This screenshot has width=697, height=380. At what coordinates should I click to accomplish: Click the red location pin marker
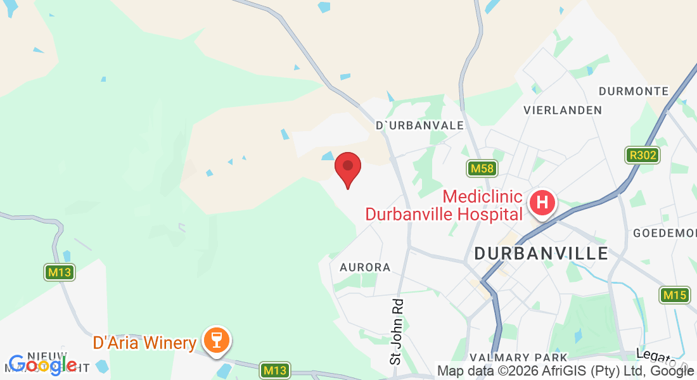coord(348,168)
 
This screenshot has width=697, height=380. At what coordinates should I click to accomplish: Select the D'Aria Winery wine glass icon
coord(216,340)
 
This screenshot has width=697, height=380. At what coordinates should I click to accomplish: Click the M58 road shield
coord(483,168)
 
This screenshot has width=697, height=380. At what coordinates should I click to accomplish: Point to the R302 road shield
coord(642,155)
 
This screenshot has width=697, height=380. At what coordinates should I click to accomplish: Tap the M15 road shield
coord(674,295)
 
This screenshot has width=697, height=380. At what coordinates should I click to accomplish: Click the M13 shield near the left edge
coord(60,273)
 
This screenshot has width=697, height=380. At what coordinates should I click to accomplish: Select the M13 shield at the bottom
coord(276,370)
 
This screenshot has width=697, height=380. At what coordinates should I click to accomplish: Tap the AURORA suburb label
coord(365,267)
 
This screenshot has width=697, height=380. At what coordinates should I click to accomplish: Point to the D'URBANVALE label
coord(420,125)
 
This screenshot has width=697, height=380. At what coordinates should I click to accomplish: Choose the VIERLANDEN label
coord(563,110)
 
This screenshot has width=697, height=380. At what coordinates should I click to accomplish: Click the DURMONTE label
coord(634,91)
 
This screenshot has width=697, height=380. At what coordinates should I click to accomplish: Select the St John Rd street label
coord(397,332)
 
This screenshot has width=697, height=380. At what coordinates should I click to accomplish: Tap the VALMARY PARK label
coord(519,358)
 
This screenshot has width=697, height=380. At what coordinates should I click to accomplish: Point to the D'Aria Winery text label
coord(144,343)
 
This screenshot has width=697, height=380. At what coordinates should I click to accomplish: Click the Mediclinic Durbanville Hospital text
coord(444,205)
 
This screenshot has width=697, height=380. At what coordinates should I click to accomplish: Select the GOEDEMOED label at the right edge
coord(665,233)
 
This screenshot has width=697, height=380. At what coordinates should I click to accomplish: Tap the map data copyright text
coord(564,370)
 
